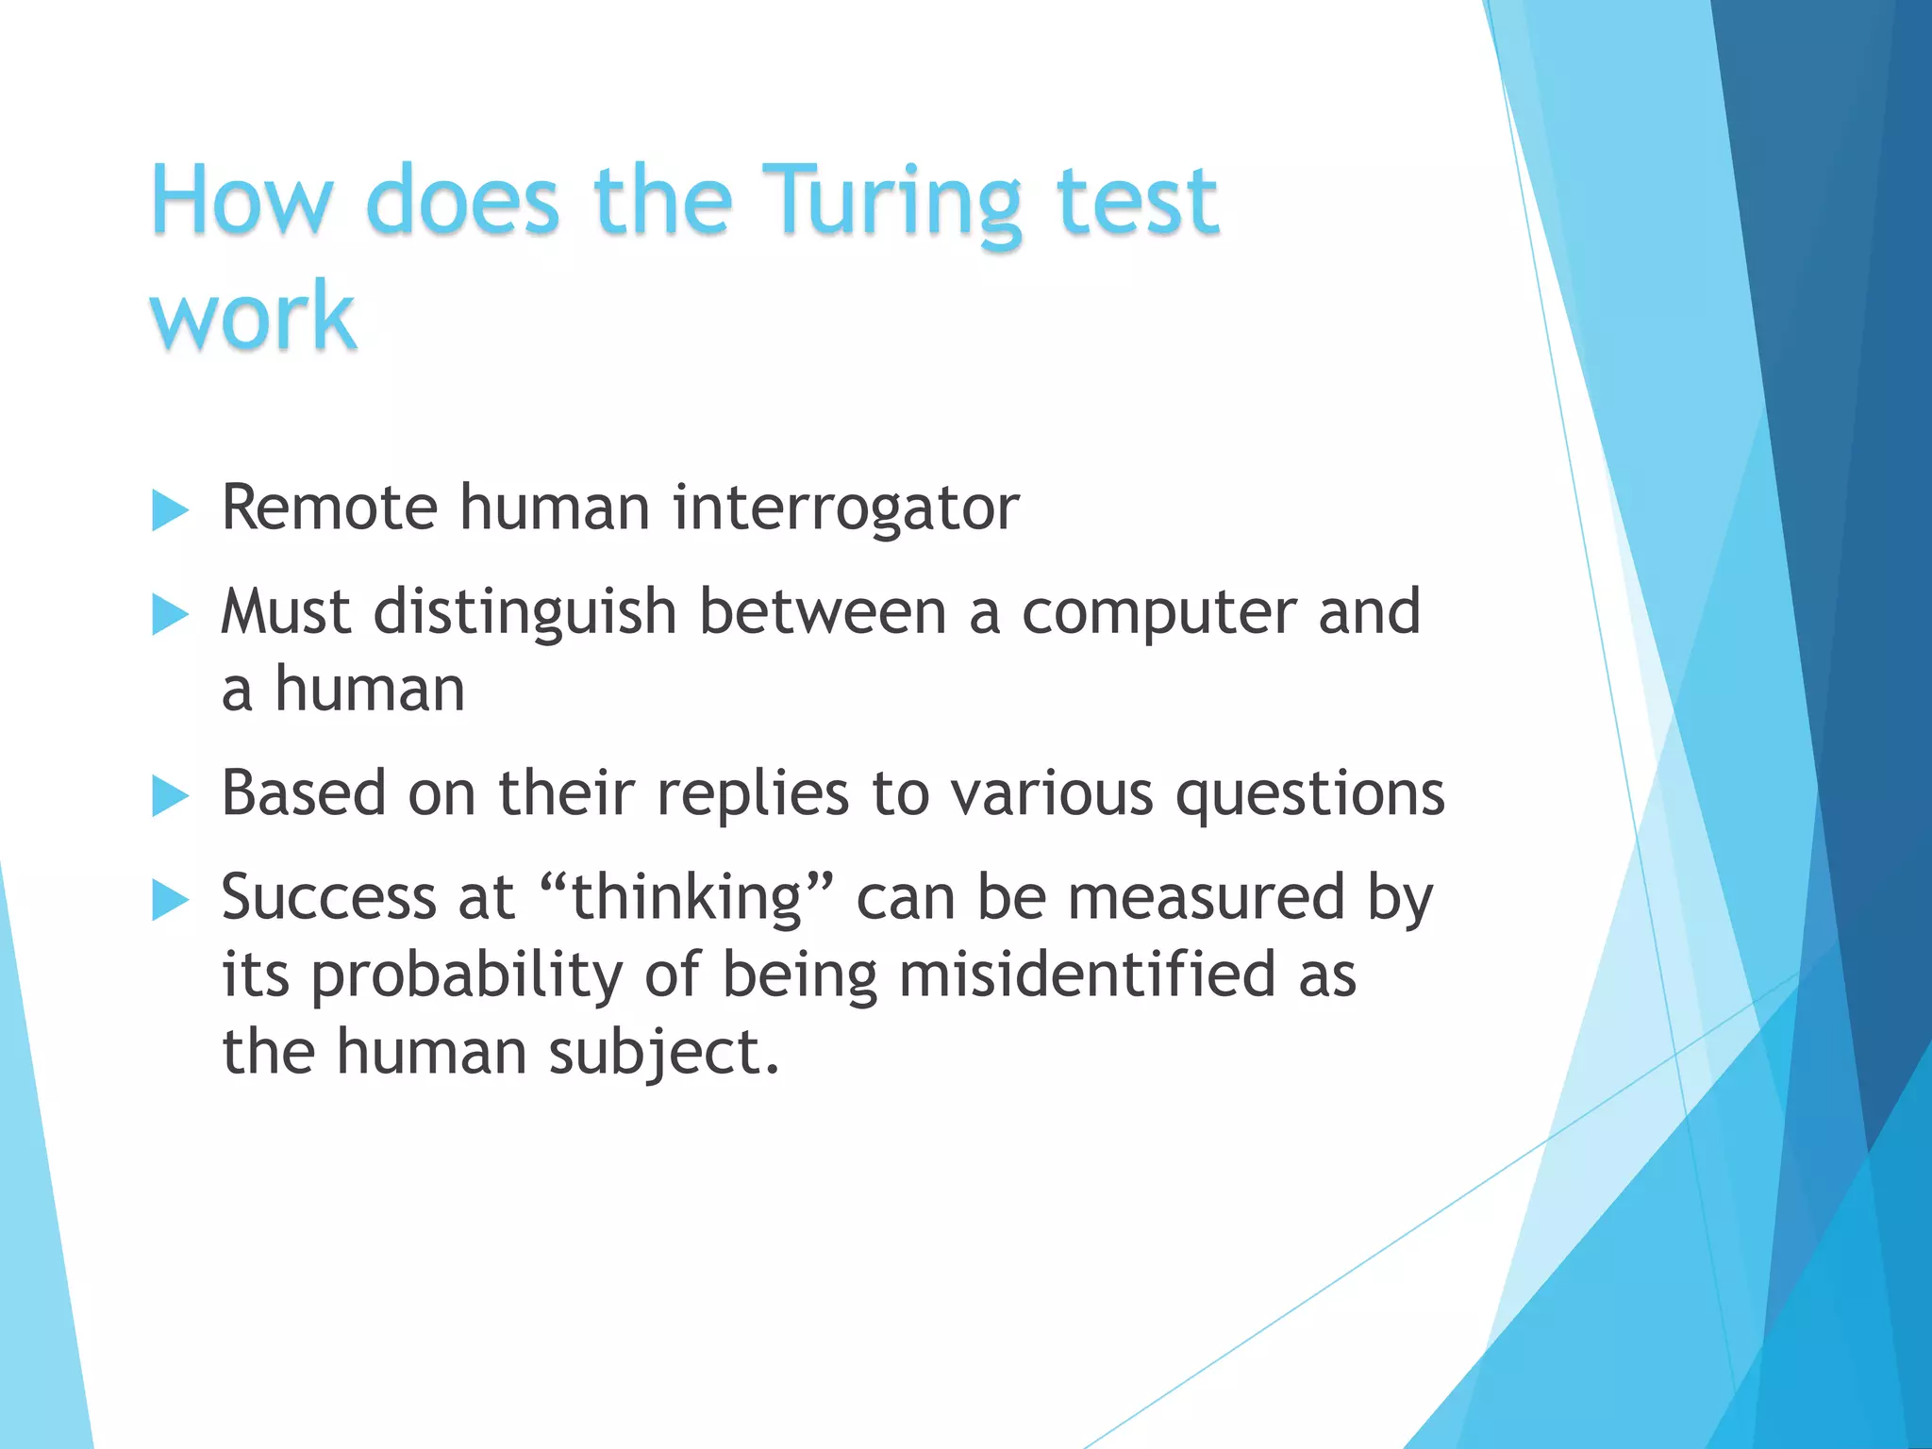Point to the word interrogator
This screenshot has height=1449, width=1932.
[x=845, y=508]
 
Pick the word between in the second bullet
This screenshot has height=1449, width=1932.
[x=822, y=611]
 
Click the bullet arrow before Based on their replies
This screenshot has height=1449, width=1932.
[x=170, y=796]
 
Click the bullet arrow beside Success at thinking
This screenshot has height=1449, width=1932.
[x=170, y=900]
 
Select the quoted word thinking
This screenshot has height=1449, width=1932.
[x=687, y=896]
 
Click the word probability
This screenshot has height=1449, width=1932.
[x=466, y=975]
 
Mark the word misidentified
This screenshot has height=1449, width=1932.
[x=1087, y=974]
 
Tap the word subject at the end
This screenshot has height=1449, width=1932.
[x=663, y=1053]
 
